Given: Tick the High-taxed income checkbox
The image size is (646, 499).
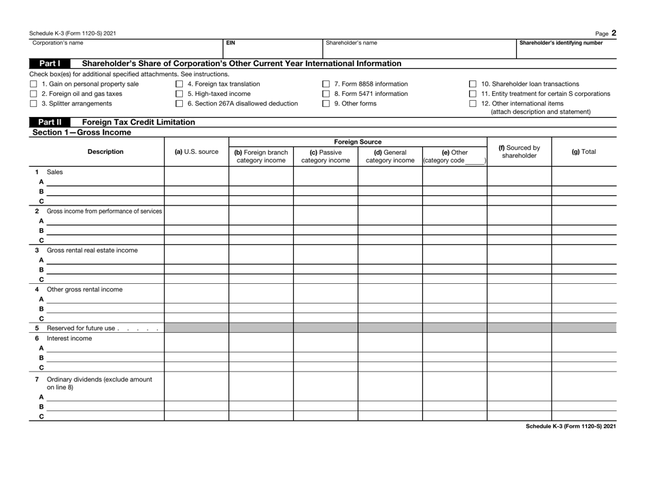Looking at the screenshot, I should [x=179, y=94].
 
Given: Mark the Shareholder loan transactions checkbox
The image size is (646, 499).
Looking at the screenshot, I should [x=473, y=84].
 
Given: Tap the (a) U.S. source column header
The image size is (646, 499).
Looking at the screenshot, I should [x=196, y=151].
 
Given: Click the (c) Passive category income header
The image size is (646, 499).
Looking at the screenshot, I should [x=325, y=157].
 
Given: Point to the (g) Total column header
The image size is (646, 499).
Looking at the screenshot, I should [x=583, y=151].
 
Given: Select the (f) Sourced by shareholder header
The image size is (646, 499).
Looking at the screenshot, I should [x=520, y=151].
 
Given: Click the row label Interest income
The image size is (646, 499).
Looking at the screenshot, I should [x=65, y=338].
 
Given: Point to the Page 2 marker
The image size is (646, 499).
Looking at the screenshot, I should [x=607, y=31].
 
